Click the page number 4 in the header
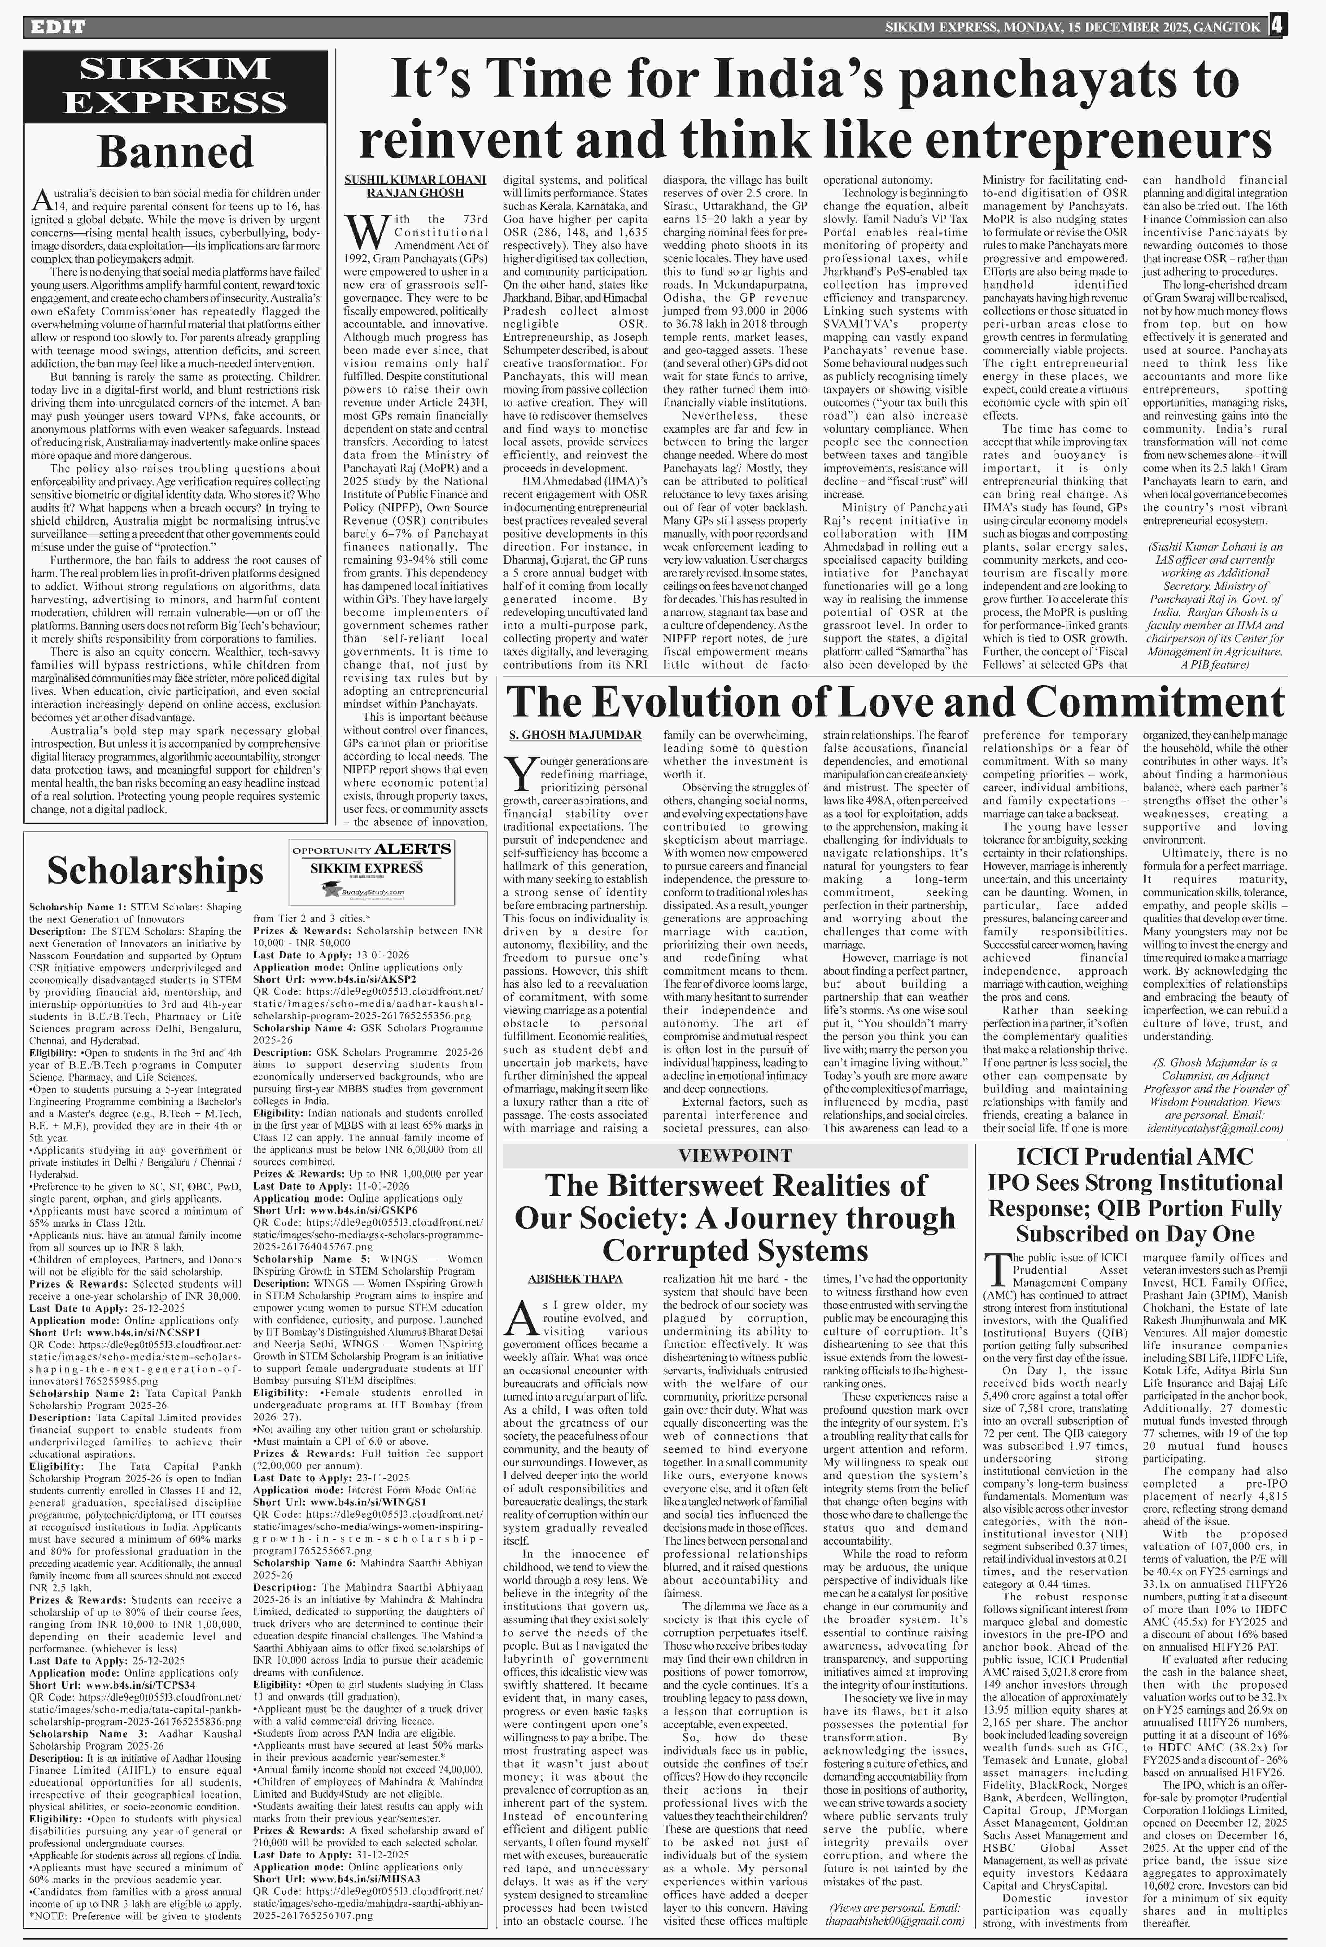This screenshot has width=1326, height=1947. (x=1276, y=26)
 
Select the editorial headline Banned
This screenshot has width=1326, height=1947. (x=175, y=152)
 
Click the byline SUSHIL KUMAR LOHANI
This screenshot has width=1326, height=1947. (x=415, y=179)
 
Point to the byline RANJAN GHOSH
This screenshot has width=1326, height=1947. (x=415, y=193)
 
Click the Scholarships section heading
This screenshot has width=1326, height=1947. (x=155, y=871)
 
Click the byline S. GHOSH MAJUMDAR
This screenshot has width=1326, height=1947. (x=575, y=735)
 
